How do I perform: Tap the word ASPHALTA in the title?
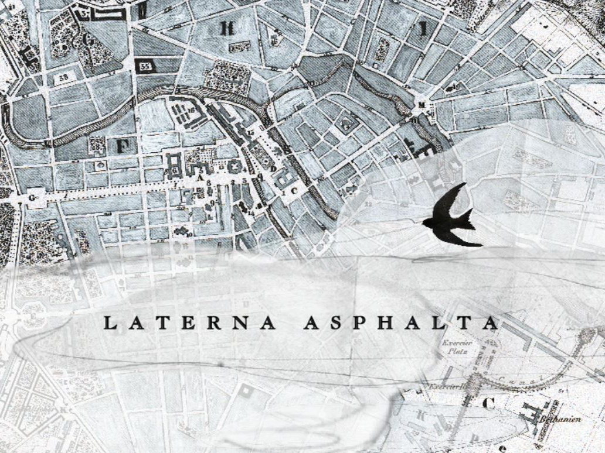(x=401, y=322)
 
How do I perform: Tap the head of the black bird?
(x=427, y=223)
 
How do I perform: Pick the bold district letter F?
(x=123, y=146)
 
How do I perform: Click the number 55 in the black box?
(x=145, y=67)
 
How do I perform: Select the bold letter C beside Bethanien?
(x=490, y=403)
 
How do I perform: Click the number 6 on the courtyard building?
(x=175, y=169)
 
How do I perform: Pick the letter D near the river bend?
(x=273, y=169)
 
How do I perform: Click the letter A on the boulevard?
(x=200, y=177)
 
